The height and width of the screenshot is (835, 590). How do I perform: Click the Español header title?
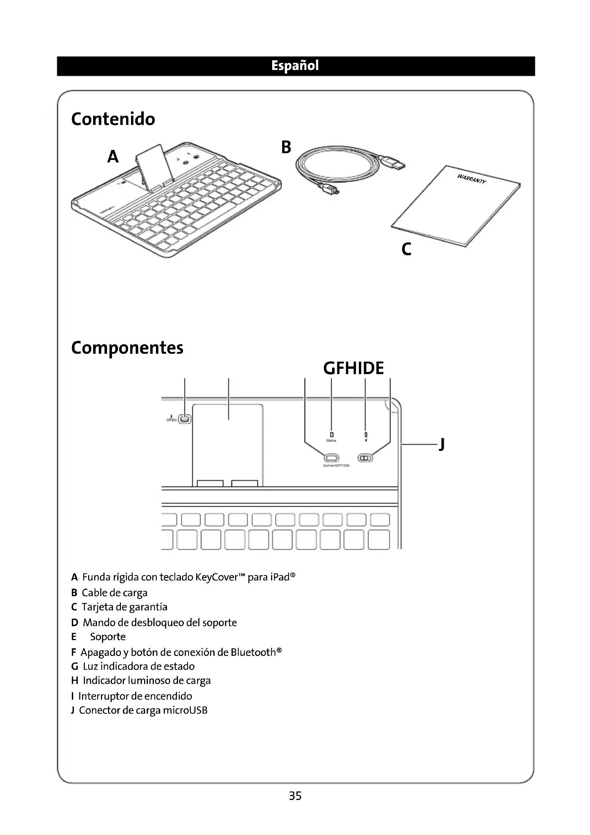295,66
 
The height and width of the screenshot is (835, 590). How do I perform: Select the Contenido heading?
113,119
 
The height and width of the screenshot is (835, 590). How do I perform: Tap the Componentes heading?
127,348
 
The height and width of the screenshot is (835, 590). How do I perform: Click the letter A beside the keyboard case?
113,157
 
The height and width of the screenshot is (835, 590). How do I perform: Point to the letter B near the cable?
286,147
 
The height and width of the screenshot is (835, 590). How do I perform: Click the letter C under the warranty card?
407,249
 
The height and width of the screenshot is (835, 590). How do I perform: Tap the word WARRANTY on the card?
471,179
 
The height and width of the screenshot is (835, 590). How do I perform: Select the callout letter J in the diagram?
441,444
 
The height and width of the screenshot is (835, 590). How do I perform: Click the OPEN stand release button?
185,419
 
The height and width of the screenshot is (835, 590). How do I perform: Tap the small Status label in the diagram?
331,441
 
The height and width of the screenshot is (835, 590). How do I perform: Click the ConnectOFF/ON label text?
336,466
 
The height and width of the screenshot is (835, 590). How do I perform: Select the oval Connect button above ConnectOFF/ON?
331,458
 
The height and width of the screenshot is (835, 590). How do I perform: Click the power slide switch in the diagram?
366,458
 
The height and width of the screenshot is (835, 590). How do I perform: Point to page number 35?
295,796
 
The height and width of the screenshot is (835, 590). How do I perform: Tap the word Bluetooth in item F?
253,652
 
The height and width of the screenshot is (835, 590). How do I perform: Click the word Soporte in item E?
108,637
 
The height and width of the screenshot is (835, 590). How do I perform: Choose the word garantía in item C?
148,607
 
